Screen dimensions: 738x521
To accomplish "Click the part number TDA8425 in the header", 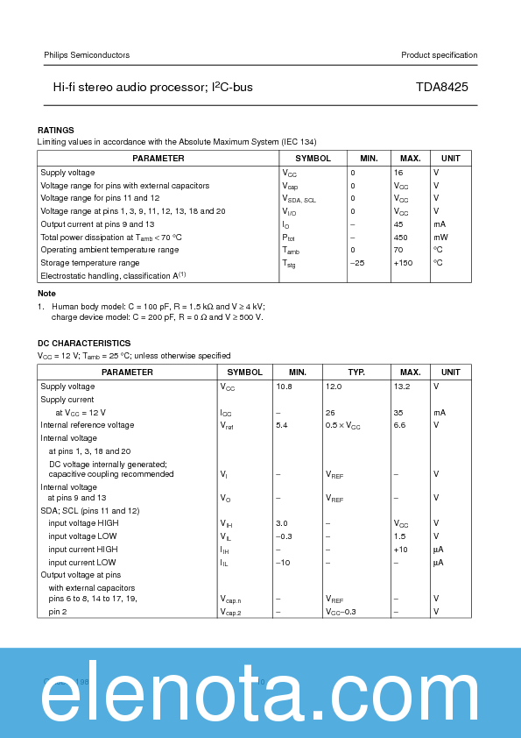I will point(447,89).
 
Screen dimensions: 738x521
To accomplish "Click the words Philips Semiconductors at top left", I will point(87,55).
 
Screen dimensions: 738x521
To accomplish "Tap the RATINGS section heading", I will point(55,130).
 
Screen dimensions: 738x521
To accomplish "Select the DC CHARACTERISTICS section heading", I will point(84,343).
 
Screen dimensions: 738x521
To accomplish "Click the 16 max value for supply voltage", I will point(398,173).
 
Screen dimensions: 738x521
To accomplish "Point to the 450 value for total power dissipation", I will point(401,237).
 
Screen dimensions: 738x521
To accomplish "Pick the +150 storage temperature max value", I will point(403,263).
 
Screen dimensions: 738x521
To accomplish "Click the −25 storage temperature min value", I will point(356,263).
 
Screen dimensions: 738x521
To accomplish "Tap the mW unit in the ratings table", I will point(440,237).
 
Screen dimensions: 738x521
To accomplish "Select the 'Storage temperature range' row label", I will point(90,263).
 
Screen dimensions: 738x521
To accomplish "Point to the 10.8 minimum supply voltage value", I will point(284,387).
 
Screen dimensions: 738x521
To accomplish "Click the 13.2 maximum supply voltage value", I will point(402,387).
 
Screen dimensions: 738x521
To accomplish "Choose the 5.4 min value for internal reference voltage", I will point(281,425).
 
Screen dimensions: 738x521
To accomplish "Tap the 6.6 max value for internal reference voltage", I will point(399,425).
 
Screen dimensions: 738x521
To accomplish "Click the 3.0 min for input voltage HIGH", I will point(281,523).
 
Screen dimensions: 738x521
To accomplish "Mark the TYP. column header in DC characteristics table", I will point(356,373).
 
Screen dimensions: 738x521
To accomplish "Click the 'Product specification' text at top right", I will point(440,55).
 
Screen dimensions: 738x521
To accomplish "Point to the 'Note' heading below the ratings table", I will point(46,293).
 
